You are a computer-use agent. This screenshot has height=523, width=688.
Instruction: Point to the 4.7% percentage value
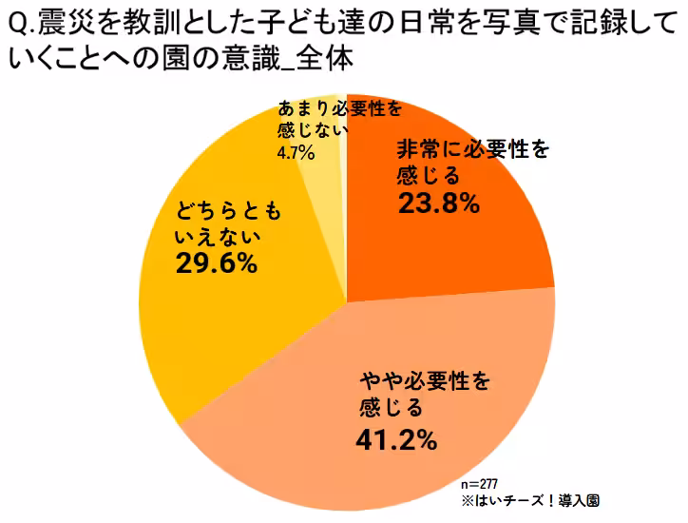pos(296,151)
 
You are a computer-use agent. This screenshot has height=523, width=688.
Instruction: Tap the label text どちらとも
pos(227,206)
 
